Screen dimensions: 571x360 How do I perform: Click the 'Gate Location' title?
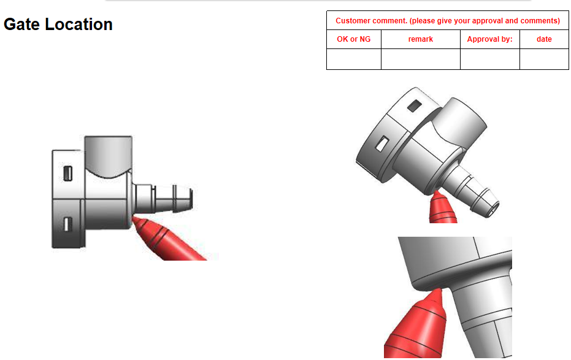[58, 25]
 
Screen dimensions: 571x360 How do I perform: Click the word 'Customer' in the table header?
[353, 21]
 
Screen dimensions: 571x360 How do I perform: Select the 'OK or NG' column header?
[354, 39]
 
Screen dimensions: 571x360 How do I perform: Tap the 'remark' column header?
[421, 39]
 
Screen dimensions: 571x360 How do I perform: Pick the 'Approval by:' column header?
[490, 39]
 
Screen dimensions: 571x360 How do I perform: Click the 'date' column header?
[544, 39]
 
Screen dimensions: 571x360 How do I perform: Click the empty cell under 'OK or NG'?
[354, 59]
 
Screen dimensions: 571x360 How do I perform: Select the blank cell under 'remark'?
[421, 59]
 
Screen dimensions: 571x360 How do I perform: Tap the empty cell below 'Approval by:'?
[490, 59]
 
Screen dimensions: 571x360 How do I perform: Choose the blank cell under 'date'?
[544, 59]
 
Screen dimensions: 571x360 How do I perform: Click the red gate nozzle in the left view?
[167, 239]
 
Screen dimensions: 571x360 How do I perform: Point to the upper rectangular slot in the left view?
[67, 174]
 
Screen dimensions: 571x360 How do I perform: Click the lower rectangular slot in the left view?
[67, 224]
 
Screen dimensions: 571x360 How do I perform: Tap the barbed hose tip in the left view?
[164, 198]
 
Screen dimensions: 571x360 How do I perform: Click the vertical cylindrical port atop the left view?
[108, 156]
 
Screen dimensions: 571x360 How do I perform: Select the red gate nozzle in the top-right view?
[442, 207]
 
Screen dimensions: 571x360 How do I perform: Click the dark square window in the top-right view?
[415, 106]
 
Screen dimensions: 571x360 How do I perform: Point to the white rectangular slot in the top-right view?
[382, 144]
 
